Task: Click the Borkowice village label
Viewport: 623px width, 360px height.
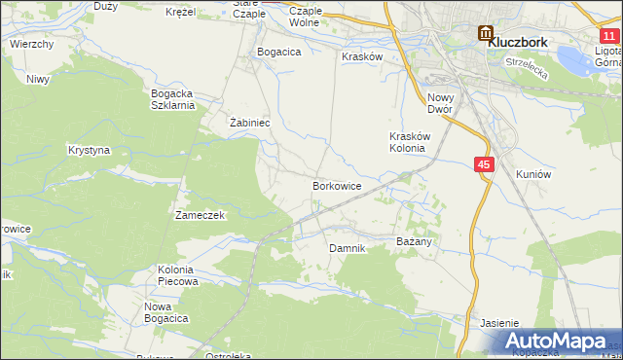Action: (337, 185)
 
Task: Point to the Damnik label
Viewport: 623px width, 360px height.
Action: (347, 248)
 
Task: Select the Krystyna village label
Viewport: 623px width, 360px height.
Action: (89, 151)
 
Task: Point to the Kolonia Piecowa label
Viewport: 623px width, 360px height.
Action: (177, 274)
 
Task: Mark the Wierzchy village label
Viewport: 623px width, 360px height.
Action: (31, 45)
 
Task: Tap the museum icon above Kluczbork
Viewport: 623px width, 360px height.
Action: (486, 33)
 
